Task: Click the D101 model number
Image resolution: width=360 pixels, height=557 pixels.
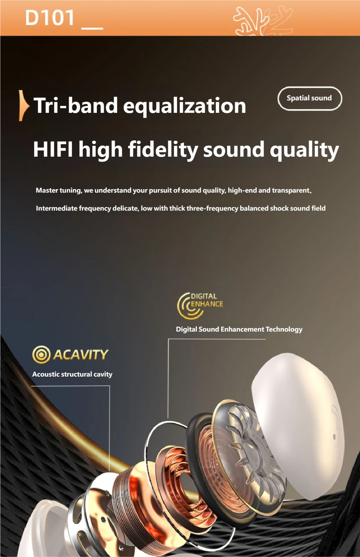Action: (x=50, y=18)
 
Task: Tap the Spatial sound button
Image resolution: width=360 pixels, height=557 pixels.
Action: (x=310, y=98)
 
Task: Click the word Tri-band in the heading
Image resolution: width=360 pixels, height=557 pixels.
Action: (x=76, y=105)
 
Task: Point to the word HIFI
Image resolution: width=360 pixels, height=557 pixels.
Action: (x=53, y=149)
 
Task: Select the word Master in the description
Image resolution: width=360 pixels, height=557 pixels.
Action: (x=47, y=190)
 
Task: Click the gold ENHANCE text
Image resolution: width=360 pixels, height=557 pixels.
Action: (x=207, y=304)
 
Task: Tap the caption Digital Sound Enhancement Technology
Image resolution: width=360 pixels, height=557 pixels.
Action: (x=239, y=330)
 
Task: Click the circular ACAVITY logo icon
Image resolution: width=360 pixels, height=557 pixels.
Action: (x=42, y=355)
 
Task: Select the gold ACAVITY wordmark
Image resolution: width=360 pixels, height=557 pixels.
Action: (x=81, y=355)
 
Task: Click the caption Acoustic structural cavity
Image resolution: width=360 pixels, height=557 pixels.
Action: (x=72, y=374)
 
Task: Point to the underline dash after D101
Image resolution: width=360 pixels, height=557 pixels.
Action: (x=92, y=28)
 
